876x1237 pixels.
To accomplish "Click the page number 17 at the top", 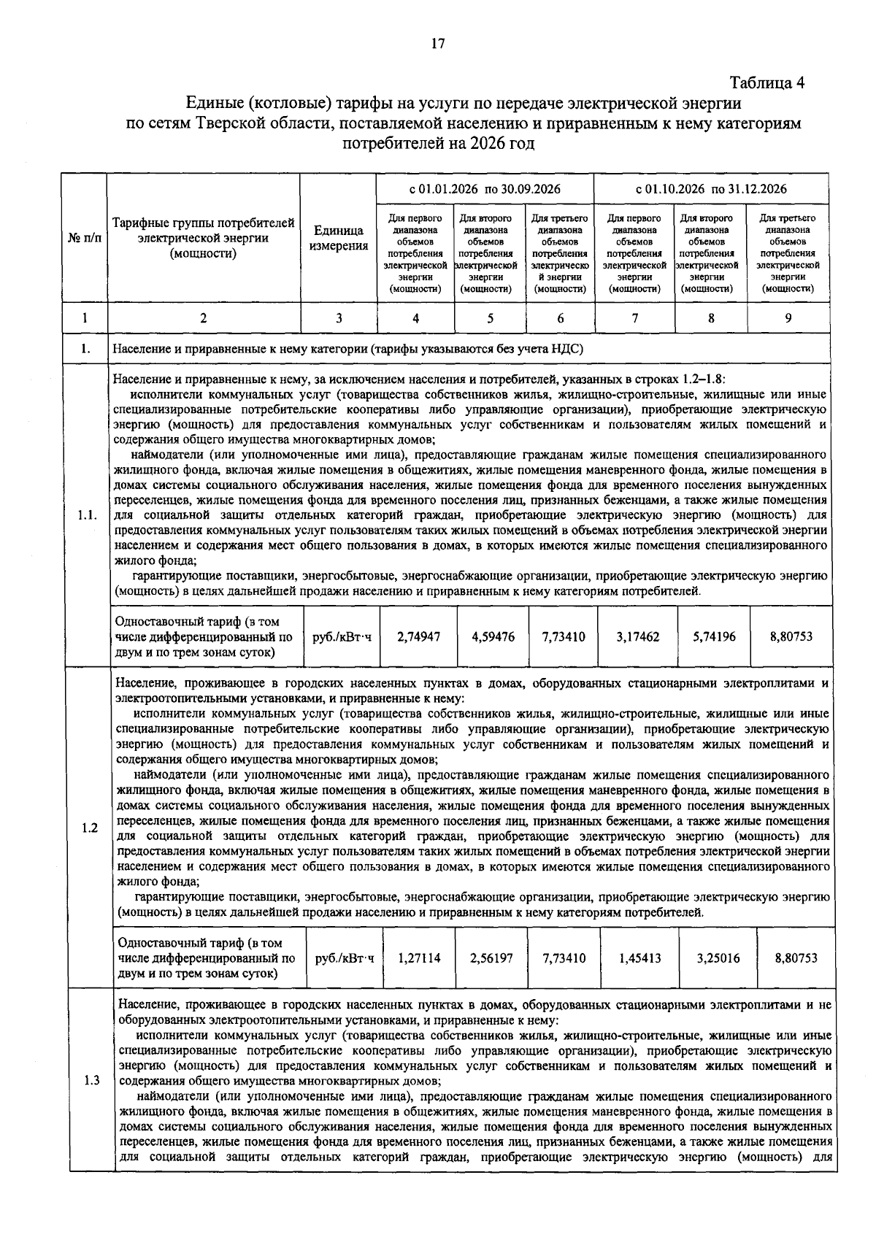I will tap(437, 44).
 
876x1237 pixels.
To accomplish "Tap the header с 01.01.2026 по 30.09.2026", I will tap(485, 189).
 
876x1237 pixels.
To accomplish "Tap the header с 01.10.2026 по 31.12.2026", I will tap(711, 189).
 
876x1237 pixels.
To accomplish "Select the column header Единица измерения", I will tap(338, 239).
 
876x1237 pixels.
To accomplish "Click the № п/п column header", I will tap(85, 239).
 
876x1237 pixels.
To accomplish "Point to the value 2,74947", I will tap(418, 636).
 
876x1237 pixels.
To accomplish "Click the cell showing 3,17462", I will tap(637, 636).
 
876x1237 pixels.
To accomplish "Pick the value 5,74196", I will tap(714, 636).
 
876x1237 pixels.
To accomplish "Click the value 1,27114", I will tap(420, 958).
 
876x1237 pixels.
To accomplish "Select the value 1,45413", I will tap(639, 958).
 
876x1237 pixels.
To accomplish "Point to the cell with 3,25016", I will tap(718, 958).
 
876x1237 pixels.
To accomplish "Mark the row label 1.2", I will tap(90, 828).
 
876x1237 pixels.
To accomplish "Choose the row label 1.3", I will tap(92, 1080).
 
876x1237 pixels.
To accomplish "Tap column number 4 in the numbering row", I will tap(415, 318).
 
